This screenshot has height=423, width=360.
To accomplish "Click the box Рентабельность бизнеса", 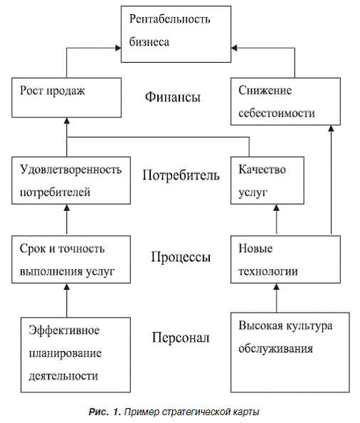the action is (x=176, y=34).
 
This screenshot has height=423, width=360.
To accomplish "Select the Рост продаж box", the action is (x=67, y=98).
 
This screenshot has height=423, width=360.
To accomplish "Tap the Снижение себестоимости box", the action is (x=285, y=101).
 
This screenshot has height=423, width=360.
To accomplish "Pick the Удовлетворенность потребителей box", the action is (x=71, y=180).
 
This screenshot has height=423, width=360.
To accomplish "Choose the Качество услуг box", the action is (x=268, y=180).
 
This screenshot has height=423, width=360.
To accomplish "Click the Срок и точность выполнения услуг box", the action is (x=71, y=259).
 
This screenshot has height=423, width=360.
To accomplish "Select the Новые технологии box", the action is (x=285, y=259).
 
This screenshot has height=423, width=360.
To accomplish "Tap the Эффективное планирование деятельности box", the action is (x=75, y=355).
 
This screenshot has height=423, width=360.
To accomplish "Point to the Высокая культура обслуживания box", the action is (x=290, y=352).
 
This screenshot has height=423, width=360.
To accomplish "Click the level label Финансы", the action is (x=173, y=97).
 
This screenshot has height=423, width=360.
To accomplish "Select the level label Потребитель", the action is (x=181, y=174).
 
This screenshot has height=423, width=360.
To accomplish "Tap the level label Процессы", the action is (x=181, y=257).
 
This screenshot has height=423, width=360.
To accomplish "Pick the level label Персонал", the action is (x=181, y=338).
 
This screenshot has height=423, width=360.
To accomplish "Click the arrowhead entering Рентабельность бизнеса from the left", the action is (x=118, y=48).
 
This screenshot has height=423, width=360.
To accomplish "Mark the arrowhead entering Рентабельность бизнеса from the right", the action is (x=234, y=48).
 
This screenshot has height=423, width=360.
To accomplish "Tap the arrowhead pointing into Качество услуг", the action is (x=277, y=207).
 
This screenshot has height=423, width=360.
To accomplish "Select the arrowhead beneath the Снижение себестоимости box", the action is (x=331, y=128).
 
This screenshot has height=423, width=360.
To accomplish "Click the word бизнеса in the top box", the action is (x=149, y=42).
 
